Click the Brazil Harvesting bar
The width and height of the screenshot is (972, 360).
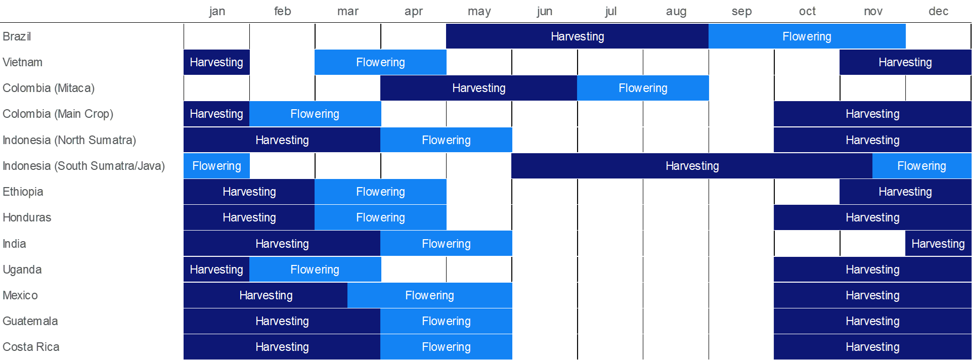(577, 36)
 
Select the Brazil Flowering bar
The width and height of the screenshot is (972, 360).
(807, 36)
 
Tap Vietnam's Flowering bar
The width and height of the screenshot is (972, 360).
(380, 62)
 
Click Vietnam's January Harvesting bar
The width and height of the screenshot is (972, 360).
(216, 62)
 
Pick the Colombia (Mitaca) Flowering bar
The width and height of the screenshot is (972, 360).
(643, 88)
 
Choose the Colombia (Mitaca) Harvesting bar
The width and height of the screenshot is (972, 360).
(478, 88)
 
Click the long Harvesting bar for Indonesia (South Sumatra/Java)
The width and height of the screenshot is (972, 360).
(692, 166)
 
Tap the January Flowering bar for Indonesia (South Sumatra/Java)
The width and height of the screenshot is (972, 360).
(216, 166)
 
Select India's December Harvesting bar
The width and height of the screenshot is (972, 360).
(938, 244)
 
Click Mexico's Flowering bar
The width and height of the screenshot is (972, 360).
(430, 295)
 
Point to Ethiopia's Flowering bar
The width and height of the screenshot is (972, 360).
(380, 192)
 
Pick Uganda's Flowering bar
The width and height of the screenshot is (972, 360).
(315, 269)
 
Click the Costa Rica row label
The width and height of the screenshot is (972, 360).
(31, 347)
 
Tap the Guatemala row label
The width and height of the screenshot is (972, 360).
(30, 321)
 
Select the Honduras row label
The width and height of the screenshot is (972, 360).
(27, 217)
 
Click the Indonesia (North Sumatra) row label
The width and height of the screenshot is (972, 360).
(69, 140)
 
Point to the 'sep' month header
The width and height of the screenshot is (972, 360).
(741, 12)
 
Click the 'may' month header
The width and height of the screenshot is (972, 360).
(479, 12)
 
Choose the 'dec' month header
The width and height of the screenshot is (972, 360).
(938, 11)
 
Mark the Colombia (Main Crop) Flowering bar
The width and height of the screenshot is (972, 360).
(315, 114)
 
